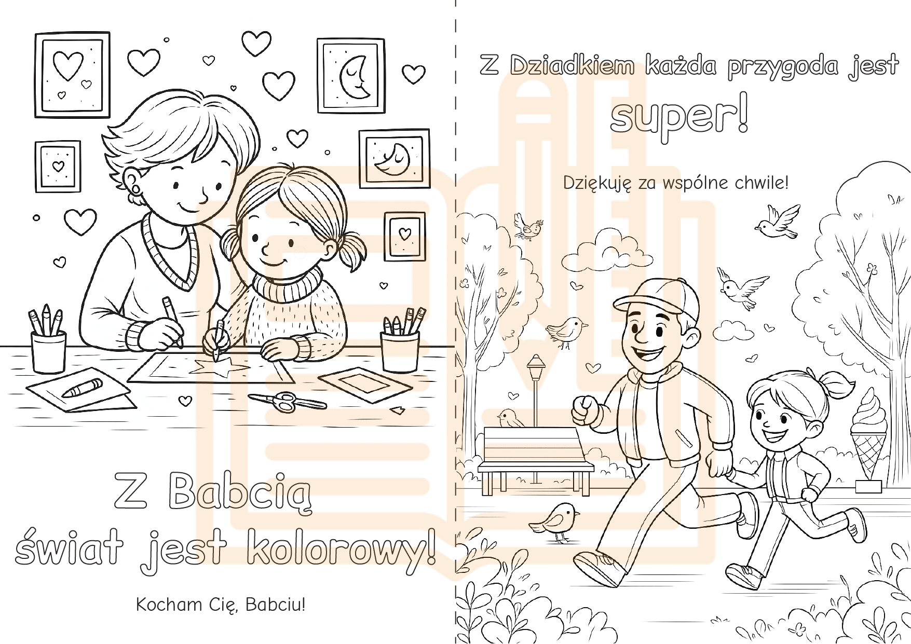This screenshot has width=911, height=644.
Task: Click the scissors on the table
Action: click(287, 401)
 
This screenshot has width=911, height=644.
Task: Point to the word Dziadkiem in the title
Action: click(572, 66)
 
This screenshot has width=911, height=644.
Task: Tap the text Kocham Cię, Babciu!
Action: click(221, 605)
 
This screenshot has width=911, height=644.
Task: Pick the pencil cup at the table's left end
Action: click(49, 351)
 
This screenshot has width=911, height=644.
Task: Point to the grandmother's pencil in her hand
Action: click(173, 322)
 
